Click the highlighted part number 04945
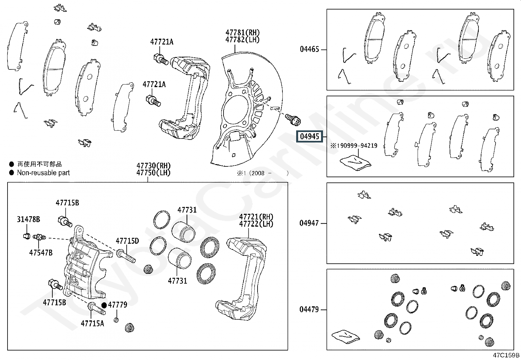(309, 137)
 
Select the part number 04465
(309, 49)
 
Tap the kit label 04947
(309, 223)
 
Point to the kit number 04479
(309, 309)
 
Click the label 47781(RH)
(243, 32)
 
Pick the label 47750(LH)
(153, 173)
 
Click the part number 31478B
(28, 219)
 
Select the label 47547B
(41, 253)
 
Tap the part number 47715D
(127, 241)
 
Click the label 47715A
(92, 323)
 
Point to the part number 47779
(117, 305)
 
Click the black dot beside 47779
(104, 305)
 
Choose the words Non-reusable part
(43, 173)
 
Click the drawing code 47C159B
(506, 355)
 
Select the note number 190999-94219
(357, 146)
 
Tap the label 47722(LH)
(256, 224)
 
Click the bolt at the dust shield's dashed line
(293, 120)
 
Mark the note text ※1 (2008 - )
(263, 173)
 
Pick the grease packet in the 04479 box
(346, 336)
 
